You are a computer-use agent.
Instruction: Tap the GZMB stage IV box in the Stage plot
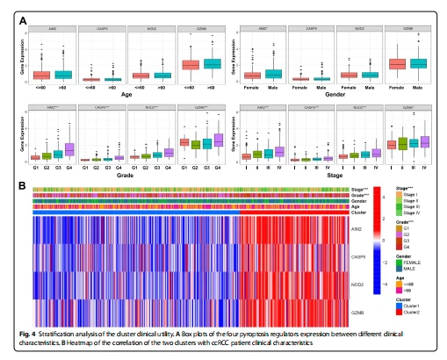pos(426,141)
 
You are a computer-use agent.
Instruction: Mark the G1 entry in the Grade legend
pos(408,227)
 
